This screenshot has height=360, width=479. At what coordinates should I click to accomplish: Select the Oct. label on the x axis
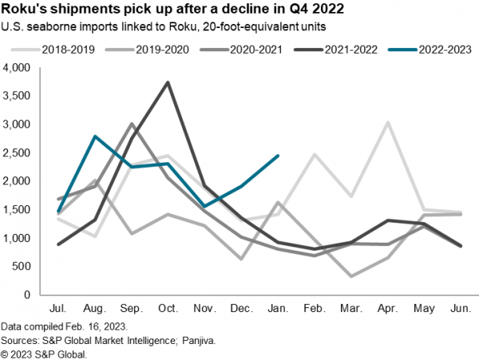167,308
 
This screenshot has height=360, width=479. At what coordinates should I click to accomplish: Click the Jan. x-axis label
277,308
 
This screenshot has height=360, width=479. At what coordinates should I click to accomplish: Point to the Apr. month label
387,308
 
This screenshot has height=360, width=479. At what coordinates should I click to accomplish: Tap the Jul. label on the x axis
57,308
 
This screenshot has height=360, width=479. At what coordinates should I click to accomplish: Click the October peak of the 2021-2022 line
167,82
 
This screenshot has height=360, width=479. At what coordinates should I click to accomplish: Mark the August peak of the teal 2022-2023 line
94,136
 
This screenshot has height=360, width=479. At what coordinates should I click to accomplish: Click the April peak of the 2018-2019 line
388,123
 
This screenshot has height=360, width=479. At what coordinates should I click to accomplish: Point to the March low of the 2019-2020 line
351,276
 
